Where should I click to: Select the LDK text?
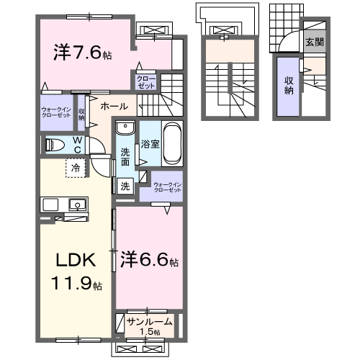point(68,258)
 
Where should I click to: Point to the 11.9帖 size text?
point(76,284)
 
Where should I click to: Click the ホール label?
point(114,107)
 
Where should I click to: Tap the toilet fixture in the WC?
point(54,145)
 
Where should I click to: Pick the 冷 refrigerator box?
point(75,168)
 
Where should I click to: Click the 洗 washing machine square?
point(125,186)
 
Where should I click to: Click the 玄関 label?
point(313,42)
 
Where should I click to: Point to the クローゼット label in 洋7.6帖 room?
point(146,81)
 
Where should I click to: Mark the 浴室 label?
point(150,143)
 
